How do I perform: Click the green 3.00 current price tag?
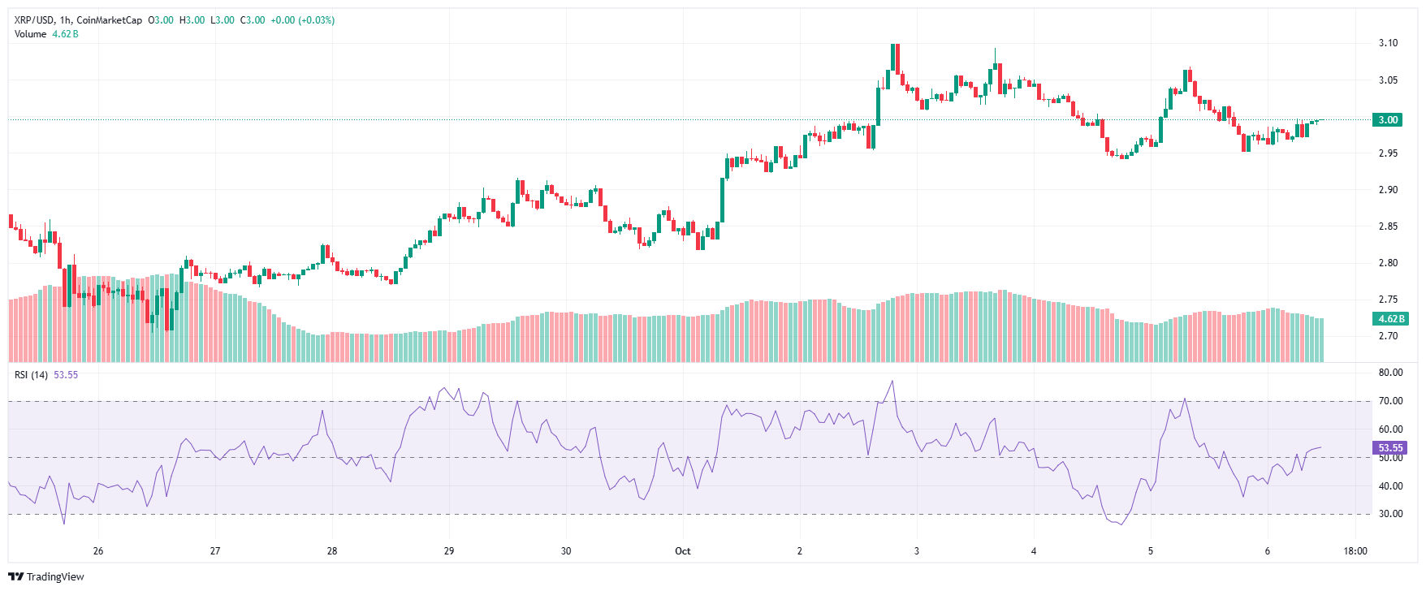pos(1388,120)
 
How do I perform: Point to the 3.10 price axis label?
pos(1388,43)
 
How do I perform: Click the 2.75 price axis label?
pos(1388,300)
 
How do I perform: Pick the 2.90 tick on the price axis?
pos(1388,190)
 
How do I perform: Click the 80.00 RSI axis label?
pos(1390,373)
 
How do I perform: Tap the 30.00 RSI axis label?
pos(1390,514)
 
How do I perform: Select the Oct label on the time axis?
pos(683,551)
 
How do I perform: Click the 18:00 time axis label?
pos(1355,551)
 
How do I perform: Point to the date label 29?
pos(449,551)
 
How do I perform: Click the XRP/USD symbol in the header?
pos(36,20)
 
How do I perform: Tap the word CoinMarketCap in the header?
pos(110,20)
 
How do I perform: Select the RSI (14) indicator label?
pos(31,375)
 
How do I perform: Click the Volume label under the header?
pos(30,34)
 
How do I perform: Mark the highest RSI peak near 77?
pos(892,382)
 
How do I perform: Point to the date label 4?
pos(1034,551)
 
